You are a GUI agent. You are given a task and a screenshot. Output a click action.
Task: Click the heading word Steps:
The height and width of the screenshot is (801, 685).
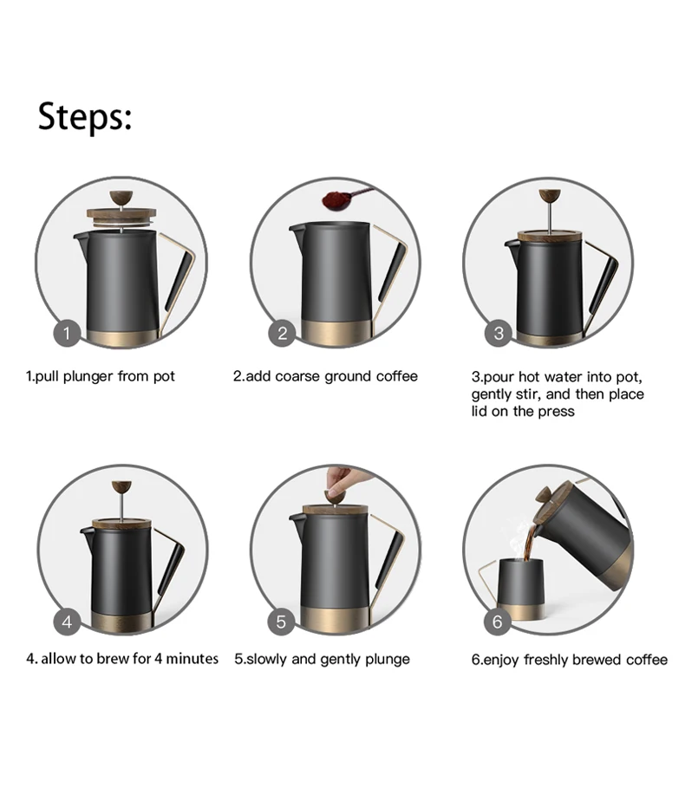click(x=84, y=116)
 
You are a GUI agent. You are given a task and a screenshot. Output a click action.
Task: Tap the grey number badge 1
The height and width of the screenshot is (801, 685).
click(x=68, y=333)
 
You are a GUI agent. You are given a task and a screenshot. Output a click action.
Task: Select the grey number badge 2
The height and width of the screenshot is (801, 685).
click(x=282, y=333)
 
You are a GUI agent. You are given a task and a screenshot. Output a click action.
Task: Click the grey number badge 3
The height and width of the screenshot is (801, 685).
click(x=498, y=333)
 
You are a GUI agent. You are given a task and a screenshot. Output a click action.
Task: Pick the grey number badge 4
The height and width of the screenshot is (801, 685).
click(x=68, y=621)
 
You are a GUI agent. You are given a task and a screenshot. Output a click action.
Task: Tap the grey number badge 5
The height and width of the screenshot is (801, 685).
click(x=282, y=621)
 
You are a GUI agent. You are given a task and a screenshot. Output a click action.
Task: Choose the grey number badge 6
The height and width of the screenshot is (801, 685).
click(x=498, y=621)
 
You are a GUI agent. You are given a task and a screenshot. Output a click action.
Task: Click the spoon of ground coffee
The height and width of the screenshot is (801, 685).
click(x=333, y=199)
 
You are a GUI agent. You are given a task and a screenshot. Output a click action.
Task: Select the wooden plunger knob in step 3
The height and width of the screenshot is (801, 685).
click(x=548, y=195)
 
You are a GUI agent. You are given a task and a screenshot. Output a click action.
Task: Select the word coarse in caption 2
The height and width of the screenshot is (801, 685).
click(x=303, y=376)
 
